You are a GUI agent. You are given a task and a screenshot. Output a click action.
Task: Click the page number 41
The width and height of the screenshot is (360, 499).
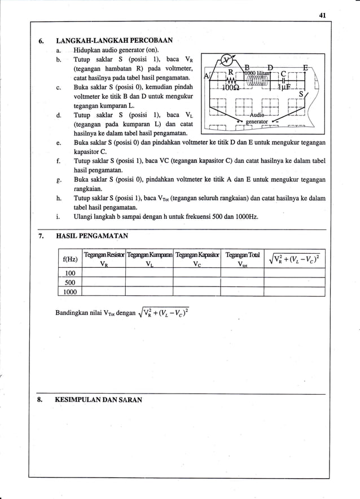tap(323, 15)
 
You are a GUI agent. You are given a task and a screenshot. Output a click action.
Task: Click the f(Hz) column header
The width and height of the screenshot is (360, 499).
tap(70, 259)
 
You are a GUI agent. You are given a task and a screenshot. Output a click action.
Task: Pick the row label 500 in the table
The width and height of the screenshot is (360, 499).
tap(70, 282)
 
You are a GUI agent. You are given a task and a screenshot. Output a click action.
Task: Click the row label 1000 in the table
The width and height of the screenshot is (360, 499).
tap(70, 292)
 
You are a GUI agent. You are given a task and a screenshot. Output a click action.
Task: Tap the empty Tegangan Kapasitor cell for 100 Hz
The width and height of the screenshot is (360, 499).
tap(196, 273)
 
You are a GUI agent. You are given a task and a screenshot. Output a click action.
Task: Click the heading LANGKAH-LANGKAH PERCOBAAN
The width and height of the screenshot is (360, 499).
tap(116, 41)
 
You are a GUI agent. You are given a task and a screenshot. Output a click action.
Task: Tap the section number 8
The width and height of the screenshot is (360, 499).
tap(40, 400)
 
